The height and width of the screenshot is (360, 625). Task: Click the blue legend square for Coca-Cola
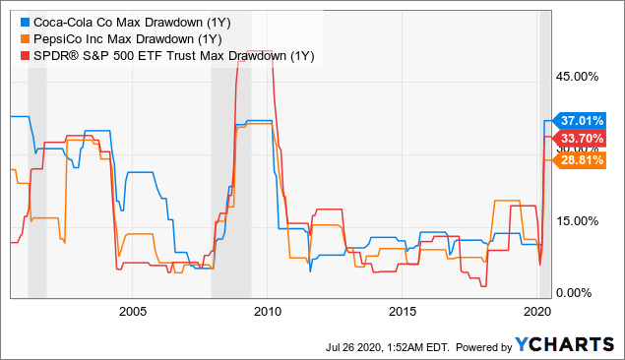tap(24, 20)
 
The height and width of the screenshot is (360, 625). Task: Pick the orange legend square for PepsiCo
tap(24, 37)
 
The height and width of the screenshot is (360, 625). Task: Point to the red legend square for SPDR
tap(24, 55)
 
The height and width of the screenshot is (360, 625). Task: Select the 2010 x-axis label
tap(268, 311)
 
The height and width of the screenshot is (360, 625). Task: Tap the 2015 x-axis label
tap(403, 311)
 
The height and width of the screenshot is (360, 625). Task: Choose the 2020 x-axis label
tap(535, 311)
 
